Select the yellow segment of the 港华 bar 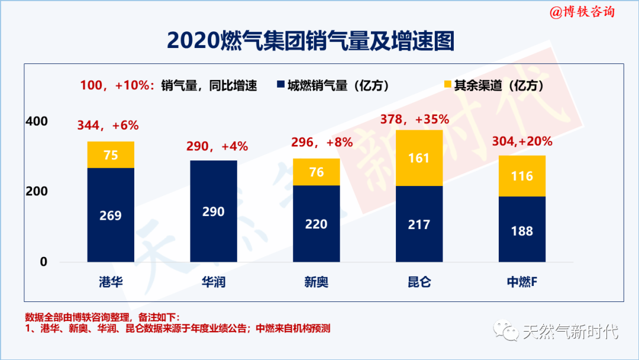coord(111,155)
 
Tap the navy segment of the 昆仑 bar coord(419,224)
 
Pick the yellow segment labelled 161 coord(419,158)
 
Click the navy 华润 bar coord(214,211)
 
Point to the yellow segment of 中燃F coord(522,176)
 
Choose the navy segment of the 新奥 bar coord(317,224)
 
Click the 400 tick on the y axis coord(37,121)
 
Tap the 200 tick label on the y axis coord(37,192)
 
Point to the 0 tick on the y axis coord(43,262)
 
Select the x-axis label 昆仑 coord(419,282)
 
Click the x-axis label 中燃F coord(522,282)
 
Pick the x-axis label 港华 coord(111,282)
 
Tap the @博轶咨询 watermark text coord(582,12)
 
